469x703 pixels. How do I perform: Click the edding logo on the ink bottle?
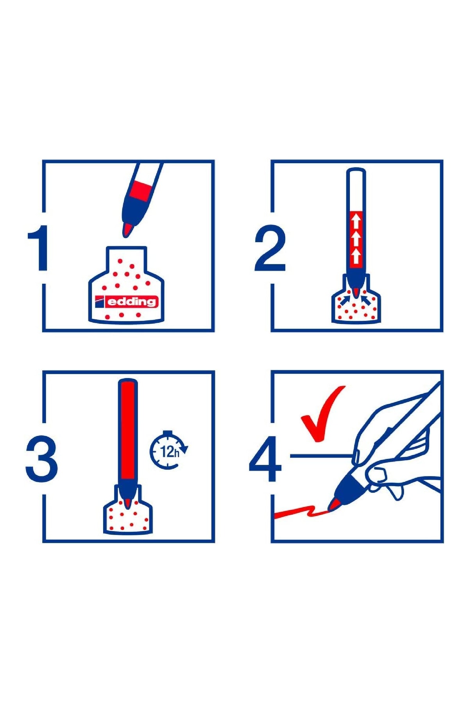coord(126,302)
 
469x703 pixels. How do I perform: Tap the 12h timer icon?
coord(169,450)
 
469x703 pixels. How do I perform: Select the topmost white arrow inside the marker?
coord(356,221)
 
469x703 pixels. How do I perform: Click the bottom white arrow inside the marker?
coord(356,256)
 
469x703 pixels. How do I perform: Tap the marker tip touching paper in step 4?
coord(333,505)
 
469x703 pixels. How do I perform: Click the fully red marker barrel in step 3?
coord(127,431)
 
